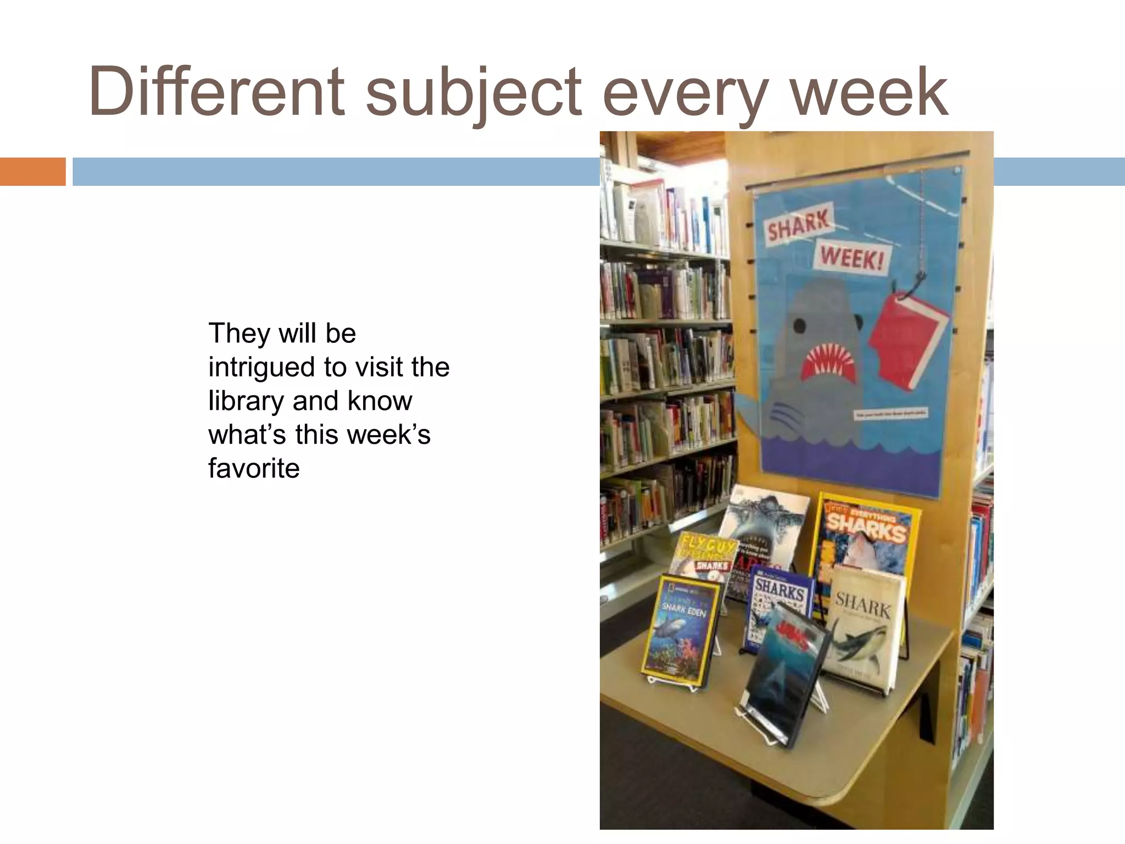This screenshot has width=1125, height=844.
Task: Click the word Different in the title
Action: tap(216, 91)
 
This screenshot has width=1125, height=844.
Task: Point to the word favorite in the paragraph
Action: tap(254, 468)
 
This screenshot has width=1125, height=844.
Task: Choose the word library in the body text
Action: tap(246, 401)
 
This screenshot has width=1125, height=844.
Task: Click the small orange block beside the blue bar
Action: tap(32, 171)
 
